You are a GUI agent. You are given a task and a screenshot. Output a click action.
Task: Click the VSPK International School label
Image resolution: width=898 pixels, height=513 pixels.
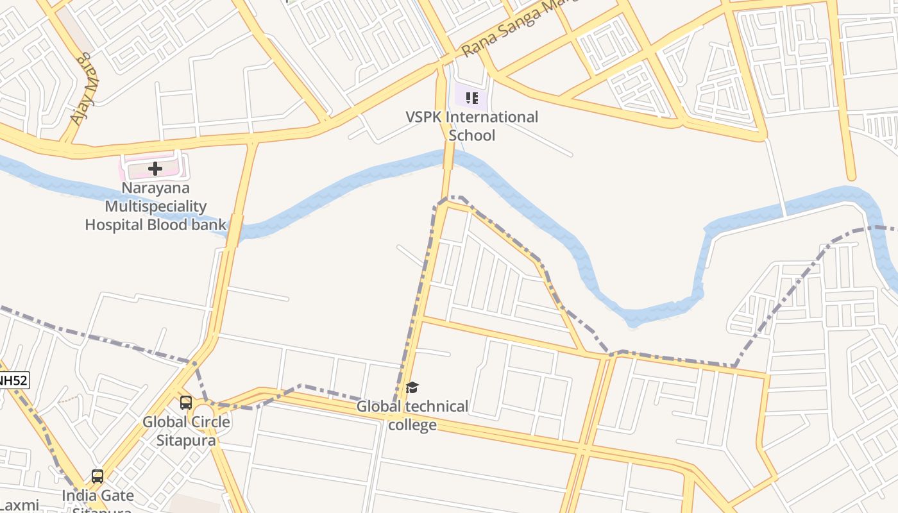[471, 126]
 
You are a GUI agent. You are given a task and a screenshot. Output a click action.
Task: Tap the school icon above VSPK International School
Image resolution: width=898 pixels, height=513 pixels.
[471, 98]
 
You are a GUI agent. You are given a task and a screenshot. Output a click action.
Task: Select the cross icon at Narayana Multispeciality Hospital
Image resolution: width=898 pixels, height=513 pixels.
[155, 169]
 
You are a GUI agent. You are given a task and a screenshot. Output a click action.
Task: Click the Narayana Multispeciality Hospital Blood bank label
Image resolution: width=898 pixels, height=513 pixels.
[155, 206]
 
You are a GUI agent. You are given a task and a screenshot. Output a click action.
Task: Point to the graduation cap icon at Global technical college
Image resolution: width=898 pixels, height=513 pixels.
[412, 387]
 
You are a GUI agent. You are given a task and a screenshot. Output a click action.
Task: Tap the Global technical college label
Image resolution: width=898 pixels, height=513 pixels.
[412, 415]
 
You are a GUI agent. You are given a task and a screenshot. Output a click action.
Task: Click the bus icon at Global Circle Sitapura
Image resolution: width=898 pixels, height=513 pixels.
[186, 403]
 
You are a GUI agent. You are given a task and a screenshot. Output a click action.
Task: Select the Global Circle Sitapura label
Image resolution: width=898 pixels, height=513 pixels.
[186, 431]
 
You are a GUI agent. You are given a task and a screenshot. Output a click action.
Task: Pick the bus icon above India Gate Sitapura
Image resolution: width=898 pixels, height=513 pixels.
[97, 476]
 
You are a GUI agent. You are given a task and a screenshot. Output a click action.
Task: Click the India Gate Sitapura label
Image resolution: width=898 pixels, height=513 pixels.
[98, 500]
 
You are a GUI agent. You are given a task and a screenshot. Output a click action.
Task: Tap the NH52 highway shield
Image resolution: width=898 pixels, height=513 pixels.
[13, 380]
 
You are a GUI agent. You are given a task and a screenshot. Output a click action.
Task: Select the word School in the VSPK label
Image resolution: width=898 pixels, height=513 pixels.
[471, 135]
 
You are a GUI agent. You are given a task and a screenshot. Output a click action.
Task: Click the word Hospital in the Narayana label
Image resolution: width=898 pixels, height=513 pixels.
[114, 225]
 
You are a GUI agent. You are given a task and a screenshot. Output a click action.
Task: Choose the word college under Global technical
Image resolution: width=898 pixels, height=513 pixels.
[412, 425]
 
